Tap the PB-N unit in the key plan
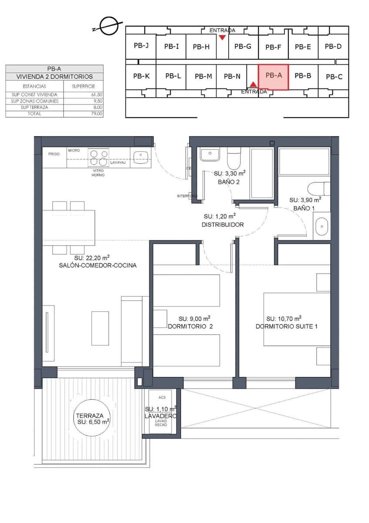pyautogui.click(x=232, y=77)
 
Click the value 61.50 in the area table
pyautogui.click(x=97, y=95)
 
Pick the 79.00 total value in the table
pyautogui.click(x=97, y=114)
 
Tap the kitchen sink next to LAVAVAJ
pyautogui.click(x=140, y=156)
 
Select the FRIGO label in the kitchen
pyautogui.click(x=54, y=154)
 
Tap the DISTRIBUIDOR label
pyautogui.click(x=222, y=225)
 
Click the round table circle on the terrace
pyautogui.click(x=92, y=421)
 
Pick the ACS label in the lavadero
pyautogui.click(x=162, y=397)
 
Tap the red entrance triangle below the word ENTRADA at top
pyautogui.click(x=222, y=37)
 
